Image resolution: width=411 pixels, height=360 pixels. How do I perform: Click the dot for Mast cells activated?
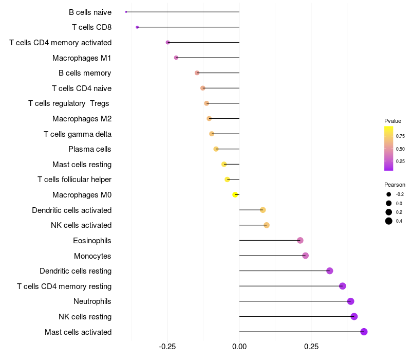(364, 332)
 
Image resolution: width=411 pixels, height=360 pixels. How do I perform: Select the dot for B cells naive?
(126, 12)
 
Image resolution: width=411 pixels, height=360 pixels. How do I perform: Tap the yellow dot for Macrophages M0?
(235, 194)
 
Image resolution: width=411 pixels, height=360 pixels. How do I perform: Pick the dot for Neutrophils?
(350, 301)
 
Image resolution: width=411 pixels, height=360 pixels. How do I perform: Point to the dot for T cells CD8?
(137, 27)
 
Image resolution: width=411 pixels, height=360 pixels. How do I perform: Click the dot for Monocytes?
(305, 256)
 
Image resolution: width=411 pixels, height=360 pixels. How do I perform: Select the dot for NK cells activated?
(266, 225)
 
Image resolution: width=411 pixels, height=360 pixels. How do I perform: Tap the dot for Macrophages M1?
(176, 58)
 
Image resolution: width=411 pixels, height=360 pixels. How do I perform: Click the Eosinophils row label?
(92, 241)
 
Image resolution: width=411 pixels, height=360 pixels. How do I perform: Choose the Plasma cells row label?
(90, 149)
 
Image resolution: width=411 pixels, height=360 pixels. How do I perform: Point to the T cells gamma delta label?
(78, 134)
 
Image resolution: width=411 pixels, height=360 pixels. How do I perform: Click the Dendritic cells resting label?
(76, 271)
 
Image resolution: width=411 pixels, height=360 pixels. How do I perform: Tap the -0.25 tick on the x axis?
(167, 347)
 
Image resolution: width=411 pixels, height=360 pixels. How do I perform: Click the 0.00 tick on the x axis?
(239, 347)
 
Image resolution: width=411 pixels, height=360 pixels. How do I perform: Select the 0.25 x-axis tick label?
(311, 347)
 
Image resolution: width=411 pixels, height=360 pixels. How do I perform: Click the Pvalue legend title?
(393, 121)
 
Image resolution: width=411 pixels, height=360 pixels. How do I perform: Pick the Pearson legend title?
(395, 185)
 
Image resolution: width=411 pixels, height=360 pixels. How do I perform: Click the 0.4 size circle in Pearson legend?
(389, 221)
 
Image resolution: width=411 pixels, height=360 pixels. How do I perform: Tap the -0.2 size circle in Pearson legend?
(389, 194)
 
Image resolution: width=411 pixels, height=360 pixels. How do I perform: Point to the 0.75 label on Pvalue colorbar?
(400, 136)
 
